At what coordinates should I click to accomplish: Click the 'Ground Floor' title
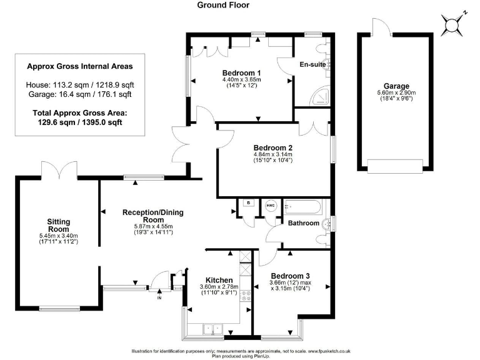(x=223, y=5)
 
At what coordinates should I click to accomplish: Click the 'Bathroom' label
(x=304, y=223)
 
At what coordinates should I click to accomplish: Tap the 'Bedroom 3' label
(x=290, y=275)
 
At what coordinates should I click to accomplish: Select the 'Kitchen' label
(x=219, y=279)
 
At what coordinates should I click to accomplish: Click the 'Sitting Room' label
(x=58, y=225)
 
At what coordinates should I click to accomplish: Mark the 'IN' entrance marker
(x=159, y=298)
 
